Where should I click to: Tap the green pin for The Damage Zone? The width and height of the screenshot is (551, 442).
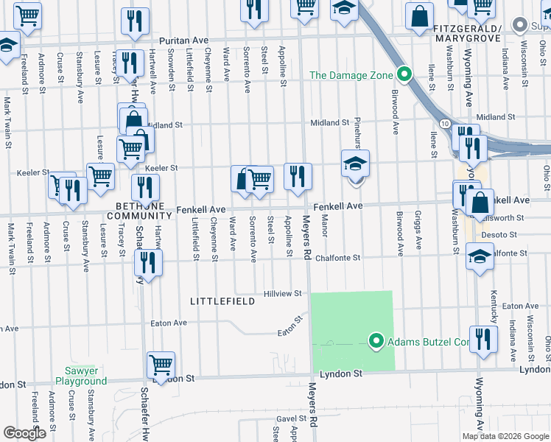click(x=404, y=74)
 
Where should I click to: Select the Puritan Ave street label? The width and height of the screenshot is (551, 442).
click(x=186, y=41)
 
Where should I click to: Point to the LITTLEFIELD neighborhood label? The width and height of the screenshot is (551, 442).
click(x=222, y=301)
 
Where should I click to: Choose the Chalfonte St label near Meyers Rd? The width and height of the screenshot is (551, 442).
click(x=337, y=258)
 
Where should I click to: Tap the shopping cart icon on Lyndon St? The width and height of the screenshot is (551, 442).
click(x=161, y=364)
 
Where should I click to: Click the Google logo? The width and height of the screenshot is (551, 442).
click(x=24, y=432)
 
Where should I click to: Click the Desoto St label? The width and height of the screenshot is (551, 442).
click(x=496, y=235)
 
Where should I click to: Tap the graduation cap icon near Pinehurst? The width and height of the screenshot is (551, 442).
click(x=355, y=164)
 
